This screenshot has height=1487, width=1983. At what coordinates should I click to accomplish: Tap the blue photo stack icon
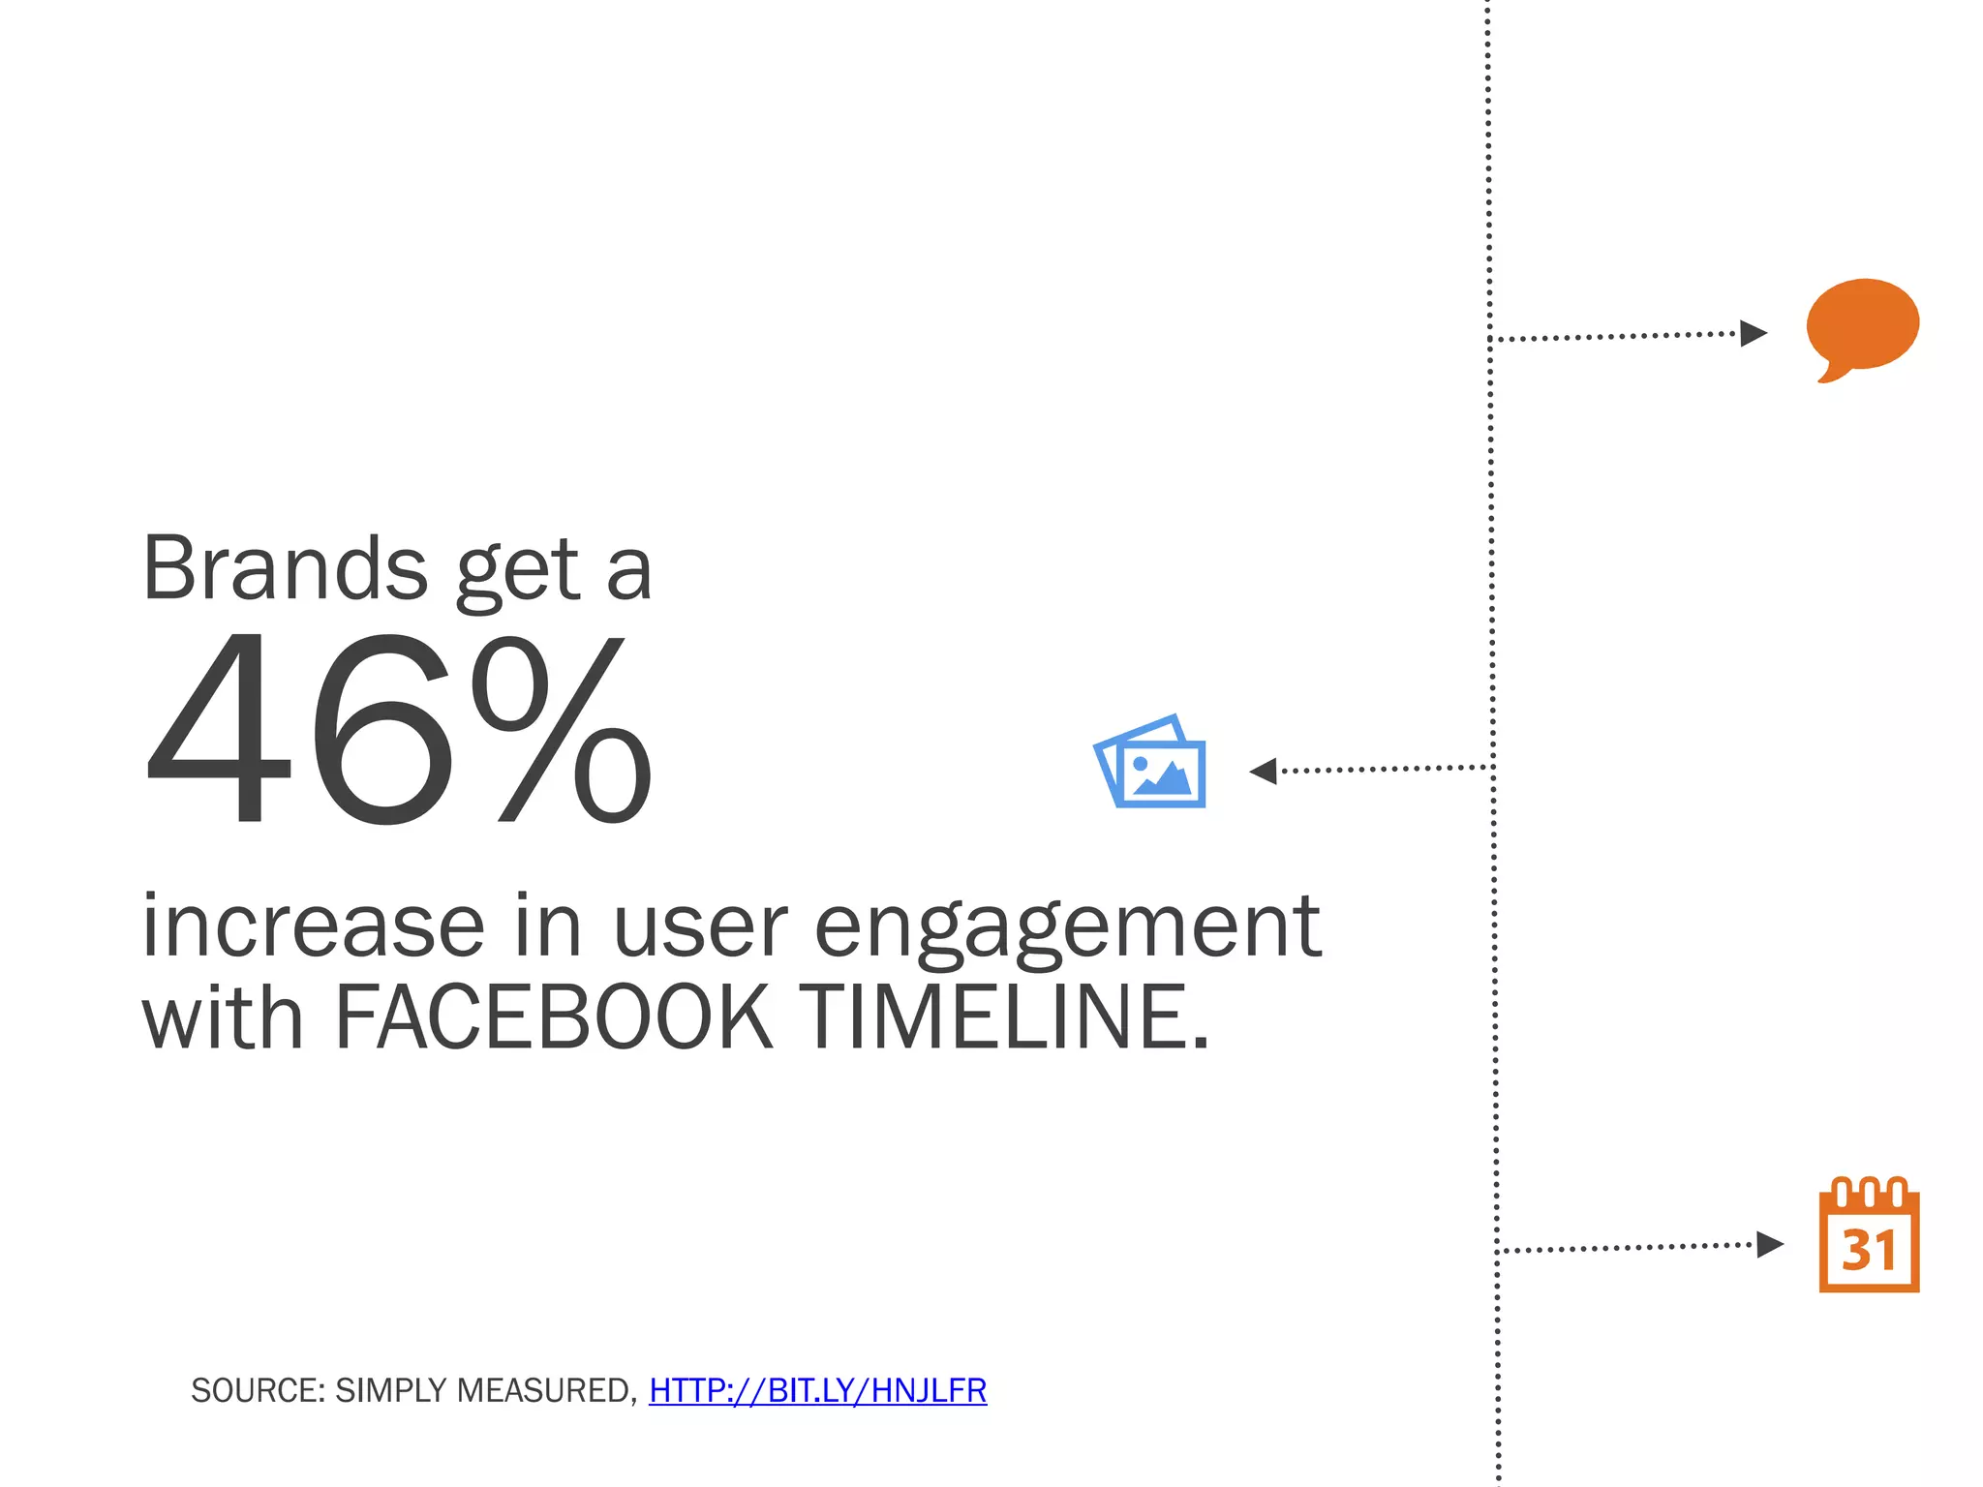[x=1151, y=764]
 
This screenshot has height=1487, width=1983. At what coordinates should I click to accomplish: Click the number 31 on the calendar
[x=1869, y=1251]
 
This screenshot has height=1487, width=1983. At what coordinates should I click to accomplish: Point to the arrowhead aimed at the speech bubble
[x=1754, y=334]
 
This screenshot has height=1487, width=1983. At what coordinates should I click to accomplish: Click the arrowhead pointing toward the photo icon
[x=1263, y=772]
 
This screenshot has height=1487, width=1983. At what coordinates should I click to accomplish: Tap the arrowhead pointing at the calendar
[x=1770, y=1244]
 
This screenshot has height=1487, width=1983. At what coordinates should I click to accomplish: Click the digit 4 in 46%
[x=219, y=728]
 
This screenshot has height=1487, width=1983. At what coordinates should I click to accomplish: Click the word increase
[x=313, y=926]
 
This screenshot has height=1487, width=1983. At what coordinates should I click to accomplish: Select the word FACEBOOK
[x=552, y=1017]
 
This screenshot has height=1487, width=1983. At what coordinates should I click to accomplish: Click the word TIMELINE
[x=1007, y=1017]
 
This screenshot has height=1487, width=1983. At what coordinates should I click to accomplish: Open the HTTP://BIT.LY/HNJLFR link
[x=817, y=1391]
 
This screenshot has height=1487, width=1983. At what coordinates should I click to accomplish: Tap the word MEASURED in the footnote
[x=546, y=1391]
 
